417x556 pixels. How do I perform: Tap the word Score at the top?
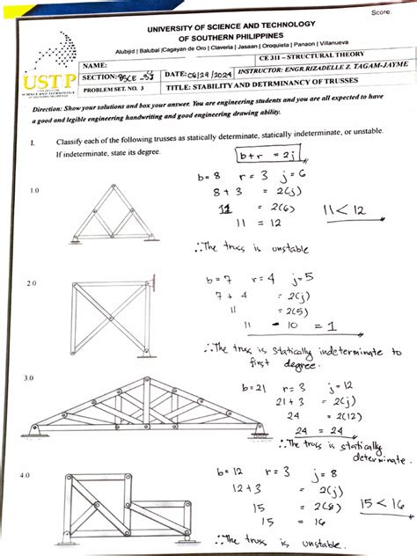[381, 11]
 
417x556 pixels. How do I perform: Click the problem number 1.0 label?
[34, 190]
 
